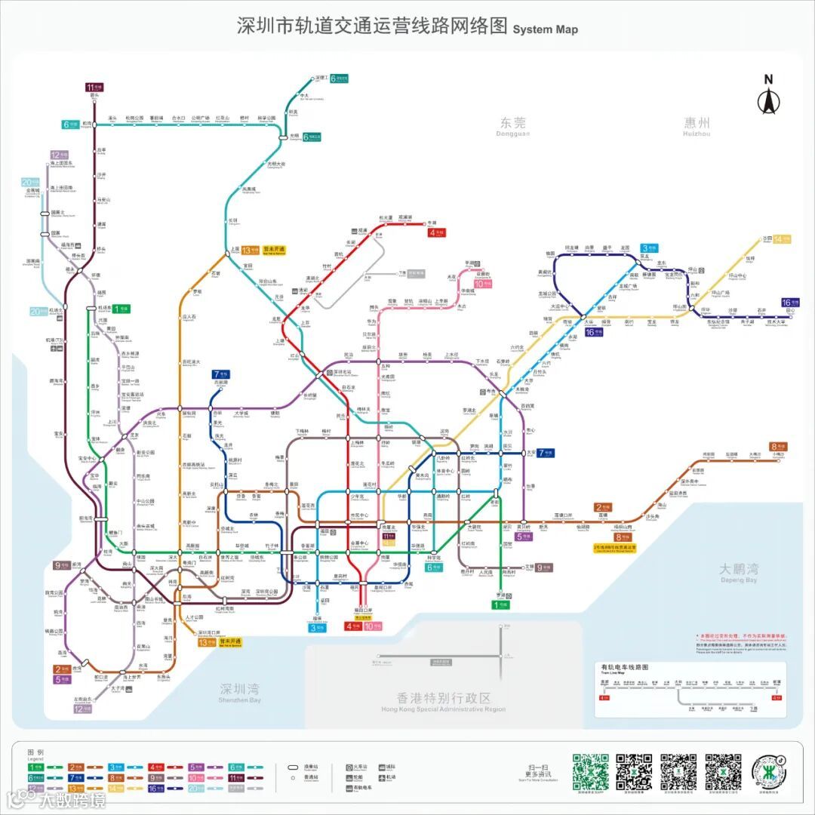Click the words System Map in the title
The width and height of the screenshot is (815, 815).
pyautogui.click(x=545, y=29)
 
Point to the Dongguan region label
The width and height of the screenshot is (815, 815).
pyautogui.click(x=513, y=125)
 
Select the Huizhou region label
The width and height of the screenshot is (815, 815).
pyautogui.click(x=697, y=125)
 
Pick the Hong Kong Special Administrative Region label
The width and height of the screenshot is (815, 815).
pyautogui.click(x=444, y=701)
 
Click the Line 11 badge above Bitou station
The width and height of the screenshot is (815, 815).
pyautogui.click(x=94, y=87)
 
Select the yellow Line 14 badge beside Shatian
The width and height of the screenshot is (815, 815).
pyautogui.click(x=782, y=239)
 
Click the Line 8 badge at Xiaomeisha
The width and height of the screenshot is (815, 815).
pyautogui.click(x=778, y=447)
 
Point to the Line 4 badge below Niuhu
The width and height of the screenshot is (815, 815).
pyautogui.click(x=437, y=232)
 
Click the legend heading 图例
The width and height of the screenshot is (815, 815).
pyautogui.click(x=35, y=753)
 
